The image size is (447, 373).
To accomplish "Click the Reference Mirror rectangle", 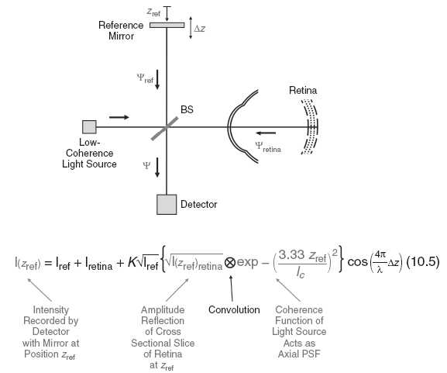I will [x=167, y=25].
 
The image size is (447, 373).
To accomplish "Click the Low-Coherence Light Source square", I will [x=89, y=126].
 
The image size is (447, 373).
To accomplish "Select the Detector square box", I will [x=167, y=203].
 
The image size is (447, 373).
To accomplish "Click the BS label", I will [x=187, y=110].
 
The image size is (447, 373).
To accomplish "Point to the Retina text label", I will [x=303, y=92].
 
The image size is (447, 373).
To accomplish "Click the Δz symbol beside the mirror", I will [x=200, y=29].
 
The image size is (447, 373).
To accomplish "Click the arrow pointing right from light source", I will [x=119, y=117].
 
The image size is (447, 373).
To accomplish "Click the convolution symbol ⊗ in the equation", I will [x=230, y=264].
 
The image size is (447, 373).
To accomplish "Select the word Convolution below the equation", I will [x=234, y=309].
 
